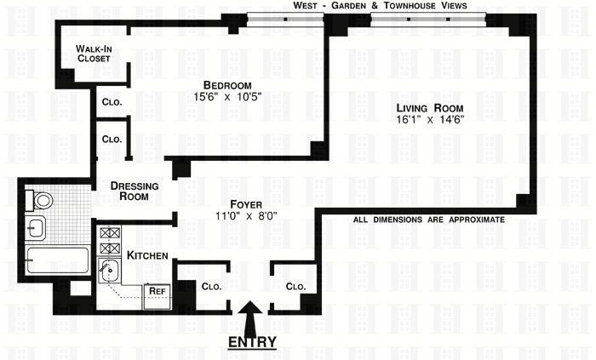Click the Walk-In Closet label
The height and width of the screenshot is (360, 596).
(x=94, y=54)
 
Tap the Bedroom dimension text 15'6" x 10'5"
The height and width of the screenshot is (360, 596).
(x=227, y=97)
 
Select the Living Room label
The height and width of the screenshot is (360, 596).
(x=430, y=108)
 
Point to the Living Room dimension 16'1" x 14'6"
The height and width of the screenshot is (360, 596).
(x=430, y=120)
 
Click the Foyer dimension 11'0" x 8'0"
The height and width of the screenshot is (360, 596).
(x=246, y=216)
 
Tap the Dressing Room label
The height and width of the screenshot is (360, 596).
(x=135, y=191)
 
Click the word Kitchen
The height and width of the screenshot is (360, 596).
(x=147, y=255)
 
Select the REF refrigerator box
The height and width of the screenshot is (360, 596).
(x=157, y=296)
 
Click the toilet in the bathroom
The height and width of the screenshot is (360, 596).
(x=39, y=200)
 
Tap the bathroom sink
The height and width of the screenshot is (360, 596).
(x=36, y=228)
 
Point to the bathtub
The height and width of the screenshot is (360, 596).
(x=57, y=260)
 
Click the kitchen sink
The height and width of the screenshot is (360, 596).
(x=109, y=270)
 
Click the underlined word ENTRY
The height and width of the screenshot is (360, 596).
(x=252, y=342)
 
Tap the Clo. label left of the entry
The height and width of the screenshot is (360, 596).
(x=211, y=286)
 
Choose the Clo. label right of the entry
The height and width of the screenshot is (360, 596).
(x=295, y=286)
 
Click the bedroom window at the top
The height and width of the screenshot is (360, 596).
(x=285, y=19)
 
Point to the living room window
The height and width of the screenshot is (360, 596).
(x=428, y=19)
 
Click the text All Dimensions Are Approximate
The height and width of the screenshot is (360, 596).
(x=429, y=220)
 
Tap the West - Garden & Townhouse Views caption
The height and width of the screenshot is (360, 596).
(x=380, y=5)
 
